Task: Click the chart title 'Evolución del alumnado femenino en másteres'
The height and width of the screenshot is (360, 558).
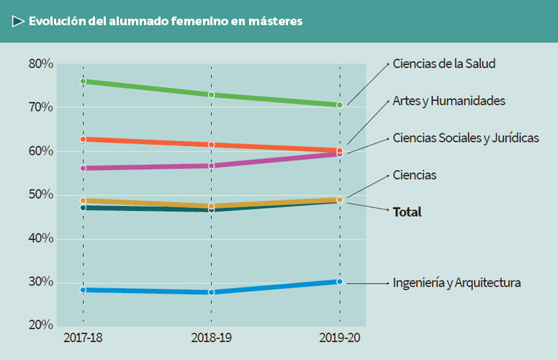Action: coord(166,22)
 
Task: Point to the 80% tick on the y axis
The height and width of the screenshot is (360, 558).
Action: coord(41,64)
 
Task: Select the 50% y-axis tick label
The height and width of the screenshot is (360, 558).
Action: coord(41,195)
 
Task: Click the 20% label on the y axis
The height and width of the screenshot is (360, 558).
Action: coord(41,325)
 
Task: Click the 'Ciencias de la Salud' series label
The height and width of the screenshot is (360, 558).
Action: coord(444,63)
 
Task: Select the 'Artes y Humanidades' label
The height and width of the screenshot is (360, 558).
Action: coord(449,101)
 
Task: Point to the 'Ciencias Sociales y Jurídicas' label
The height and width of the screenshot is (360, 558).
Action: coord(465,138)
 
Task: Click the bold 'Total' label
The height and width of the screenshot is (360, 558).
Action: coord(407,212)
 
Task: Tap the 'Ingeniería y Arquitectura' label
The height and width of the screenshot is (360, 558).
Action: coord(456,283)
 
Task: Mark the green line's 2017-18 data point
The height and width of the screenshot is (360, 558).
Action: coord(83,81)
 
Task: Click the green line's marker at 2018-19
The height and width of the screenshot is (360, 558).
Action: coord(211,95)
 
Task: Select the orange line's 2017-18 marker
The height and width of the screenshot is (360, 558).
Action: coord(83,139)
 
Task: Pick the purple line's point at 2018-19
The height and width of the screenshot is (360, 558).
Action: coord(211,166)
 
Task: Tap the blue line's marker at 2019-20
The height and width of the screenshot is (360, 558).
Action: coord(340,282)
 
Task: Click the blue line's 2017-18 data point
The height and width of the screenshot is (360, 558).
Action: coord(83,290)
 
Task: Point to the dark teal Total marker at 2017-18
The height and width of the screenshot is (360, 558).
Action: coord(83,207)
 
